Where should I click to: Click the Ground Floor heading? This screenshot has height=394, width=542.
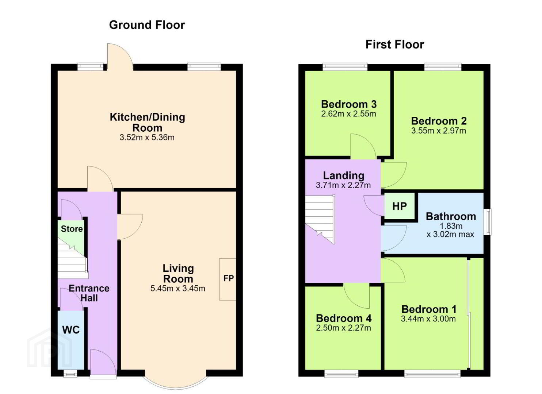pos(147,25)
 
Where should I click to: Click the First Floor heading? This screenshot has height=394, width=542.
pos(395,45)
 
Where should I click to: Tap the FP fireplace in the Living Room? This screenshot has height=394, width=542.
pos(228,279)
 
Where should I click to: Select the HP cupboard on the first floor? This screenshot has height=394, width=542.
pos(400,206)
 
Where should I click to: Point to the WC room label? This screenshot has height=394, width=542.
pos(71,330)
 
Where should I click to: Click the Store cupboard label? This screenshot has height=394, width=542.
pos(72,229)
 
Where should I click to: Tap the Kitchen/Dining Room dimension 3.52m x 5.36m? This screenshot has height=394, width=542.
pos(147,137)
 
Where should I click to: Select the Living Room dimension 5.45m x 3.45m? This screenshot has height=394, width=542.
pos(178,288)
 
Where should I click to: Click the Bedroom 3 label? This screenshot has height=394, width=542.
pos(349,104)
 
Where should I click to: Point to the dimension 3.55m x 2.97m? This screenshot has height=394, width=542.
pos(438,131)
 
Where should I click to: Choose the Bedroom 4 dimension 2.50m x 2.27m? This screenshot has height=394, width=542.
pos(343,328)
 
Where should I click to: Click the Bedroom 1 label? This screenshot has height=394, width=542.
pos(429,309)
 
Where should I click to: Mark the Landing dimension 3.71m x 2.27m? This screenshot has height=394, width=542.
pos(343,185)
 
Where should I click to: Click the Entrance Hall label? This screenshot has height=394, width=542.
pos(89,293)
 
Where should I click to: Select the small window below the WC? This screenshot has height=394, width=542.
pos(70,374)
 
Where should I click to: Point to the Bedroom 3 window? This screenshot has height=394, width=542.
pos(345,67)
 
